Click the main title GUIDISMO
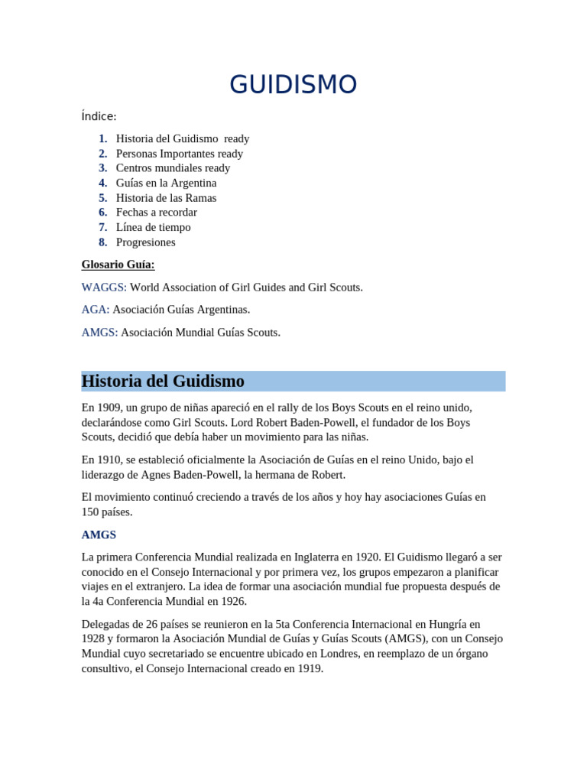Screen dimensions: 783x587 pos(293,85)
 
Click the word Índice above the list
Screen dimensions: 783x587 pos(99,116)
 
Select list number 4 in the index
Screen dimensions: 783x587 pos(102,183)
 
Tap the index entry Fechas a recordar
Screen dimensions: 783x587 pos(156,212)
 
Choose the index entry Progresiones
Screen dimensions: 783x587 pos(145,242)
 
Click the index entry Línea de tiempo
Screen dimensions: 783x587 pos(153,227)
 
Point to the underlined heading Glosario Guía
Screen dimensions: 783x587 pos(118,265)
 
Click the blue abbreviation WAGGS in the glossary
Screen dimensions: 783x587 pos(104,288)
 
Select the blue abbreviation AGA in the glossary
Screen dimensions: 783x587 pos(96,310)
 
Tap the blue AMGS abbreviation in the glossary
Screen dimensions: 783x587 pos(99,333)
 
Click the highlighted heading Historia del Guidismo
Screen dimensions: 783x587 pos(163,381)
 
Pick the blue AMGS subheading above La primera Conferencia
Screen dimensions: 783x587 pos(99,534)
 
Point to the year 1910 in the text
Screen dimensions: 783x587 pos(108,460)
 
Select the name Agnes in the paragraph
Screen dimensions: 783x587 pos(158,474)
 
